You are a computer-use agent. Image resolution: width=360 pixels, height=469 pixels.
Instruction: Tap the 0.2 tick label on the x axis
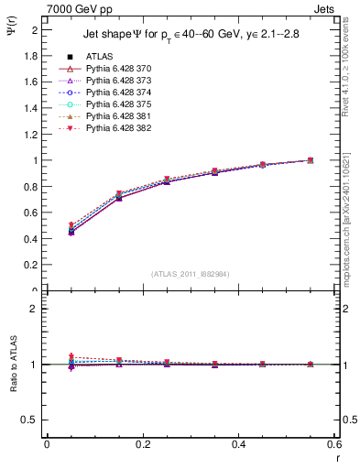point(142,445)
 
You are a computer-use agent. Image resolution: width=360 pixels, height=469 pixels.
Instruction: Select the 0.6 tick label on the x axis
point(334,445)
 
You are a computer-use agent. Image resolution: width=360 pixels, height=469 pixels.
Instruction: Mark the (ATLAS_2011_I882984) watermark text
point(191,274)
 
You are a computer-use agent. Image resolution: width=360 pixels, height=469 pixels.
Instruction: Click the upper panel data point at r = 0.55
point(310,160)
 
